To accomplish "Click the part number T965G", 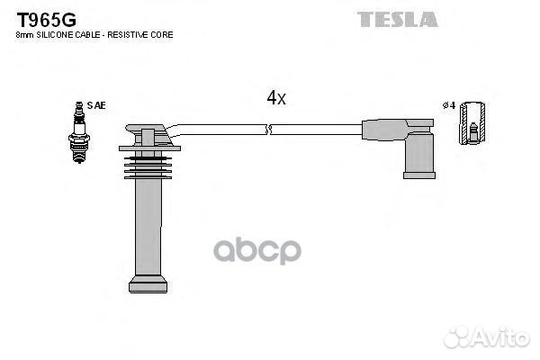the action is coord(47,20).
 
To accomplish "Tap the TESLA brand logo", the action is coord(398,19).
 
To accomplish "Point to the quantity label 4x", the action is coord(276,98).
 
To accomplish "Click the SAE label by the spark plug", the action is coord(96,105).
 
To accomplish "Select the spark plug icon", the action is coord(79,132).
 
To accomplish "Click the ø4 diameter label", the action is coord(449,105).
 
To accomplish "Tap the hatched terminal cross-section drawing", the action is coord(472,123).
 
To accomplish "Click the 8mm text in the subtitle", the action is coord(25,35).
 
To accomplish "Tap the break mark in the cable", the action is coord(268,130).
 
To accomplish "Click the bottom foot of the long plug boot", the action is coord(148,285).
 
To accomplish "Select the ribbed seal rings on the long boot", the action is coord(148,167).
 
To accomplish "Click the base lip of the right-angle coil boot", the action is coord(419,175).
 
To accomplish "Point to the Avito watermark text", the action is coord(501,337).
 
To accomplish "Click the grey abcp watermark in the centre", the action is coord(257,250).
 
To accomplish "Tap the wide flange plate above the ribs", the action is coord(149,148).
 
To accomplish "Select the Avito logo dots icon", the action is coord(457,337).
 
